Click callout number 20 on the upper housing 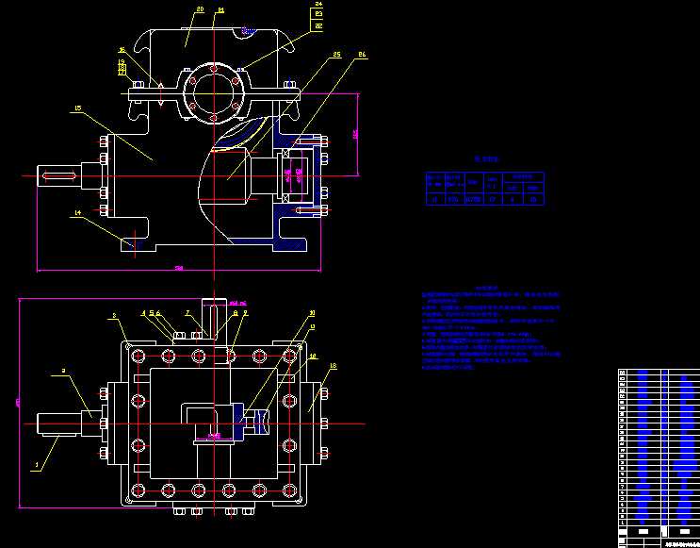click(x=200, y=9)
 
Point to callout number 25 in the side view click(x=336, y=56)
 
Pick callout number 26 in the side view click(x=361, y=56)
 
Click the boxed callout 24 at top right click(x=318, y=5)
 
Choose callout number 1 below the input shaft click(x=38, y=465)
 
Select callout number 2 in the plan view click(x=62, y=373)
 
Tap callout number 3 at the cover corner click(x=114, y=317)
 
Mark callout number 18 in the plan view click(x=333, y=365)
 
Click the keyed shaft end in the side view click(x=57, y=175)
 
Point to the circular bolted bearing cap click(x=214, y=92)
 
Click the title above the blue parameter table click(x=484, y=161)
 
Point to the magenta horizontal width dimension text click(x=179, y=270)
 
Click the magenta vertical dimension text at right click(x=356, y=134)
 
